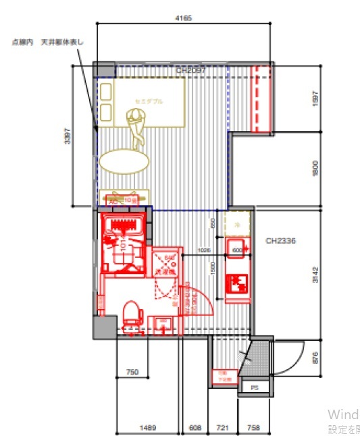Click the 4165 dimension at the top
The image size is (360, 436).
point(183,18)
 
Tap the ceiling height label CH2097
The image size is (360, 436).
point(190,70)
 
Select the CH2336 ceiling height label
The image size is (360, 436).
point(282,240)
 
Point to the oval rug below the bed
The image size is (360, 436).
point(124,161)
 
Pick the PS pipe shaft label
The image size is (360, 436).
point(255,388)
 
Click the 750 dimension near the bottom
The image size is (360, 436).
point(132,372)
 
